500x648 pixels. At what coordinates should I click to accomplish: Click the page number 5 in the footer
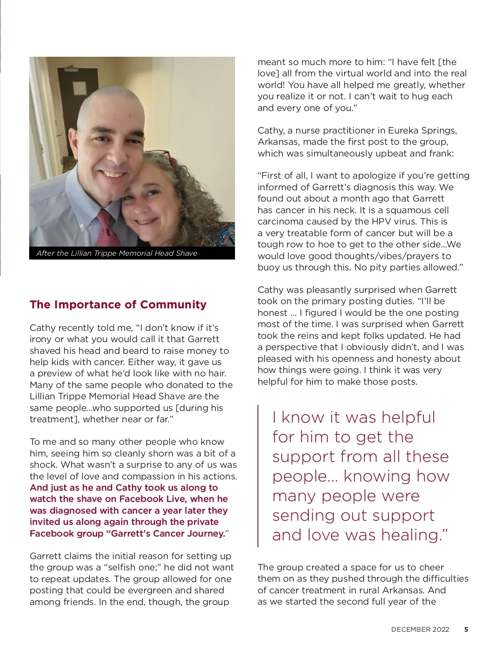tap(466, 630)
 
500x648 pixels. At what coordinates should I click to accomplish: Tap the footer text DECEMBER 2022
tap(420, 630)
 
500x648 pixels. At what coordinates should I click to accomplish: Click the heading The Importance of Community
tap(118, 305)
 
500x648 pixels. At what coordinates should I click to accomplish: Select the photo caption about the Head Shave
tap(117, 253)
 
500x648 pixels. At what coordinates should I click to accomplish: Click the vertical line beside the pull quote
tap(258, 476)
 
